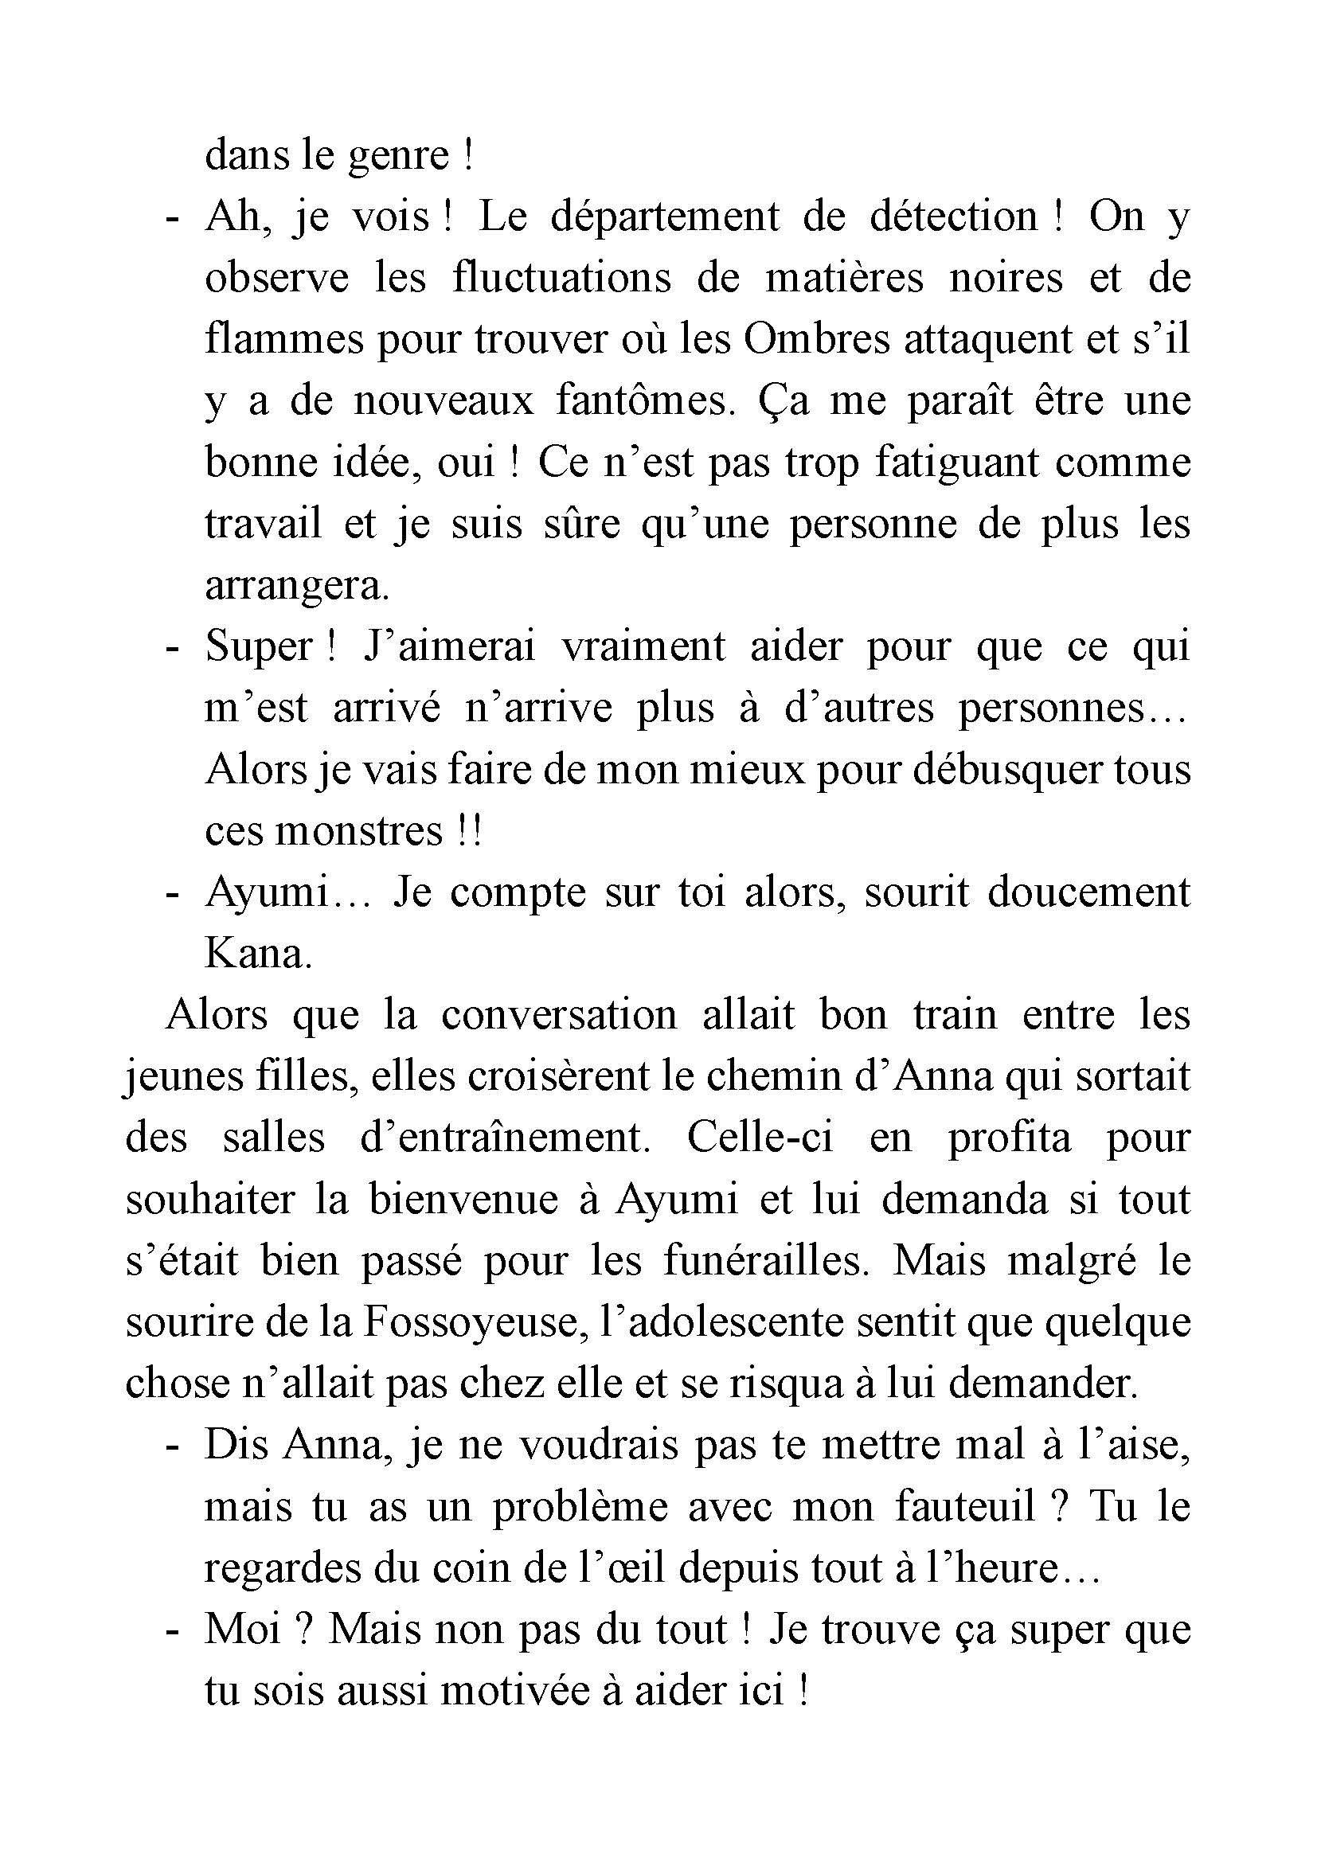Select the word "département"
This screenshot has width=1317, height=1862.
(664, 217)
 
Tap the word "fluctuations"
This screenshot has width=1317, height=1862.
(561, 278)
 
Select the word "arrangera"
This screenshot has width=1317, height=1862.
(297, 585)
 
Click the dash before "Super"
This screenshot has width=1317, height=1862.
(171, 648)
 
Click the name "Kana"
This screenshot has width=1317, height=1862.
(258, 954)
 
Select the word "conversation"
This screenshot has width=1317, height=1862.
(559, 1015)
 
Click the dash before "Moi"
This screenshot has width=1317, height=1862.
(171, 1631)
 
